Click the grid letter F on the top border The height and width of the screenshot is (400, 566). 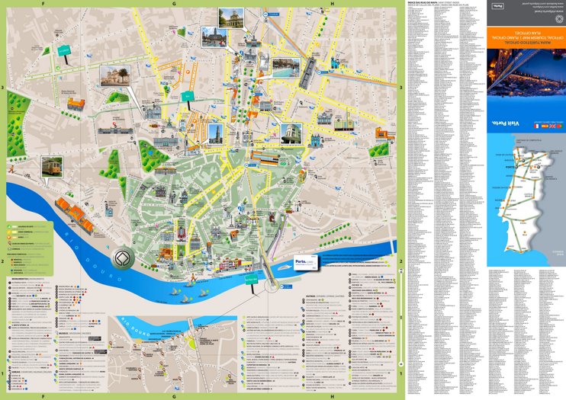click(43, 3)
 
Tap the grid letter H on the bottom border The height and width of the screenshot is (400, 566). click(333, 396)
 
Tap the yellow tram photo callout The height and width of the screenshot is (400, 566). click(52, 166)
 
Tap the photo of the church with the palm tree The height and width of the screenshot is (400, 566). click(114, 75)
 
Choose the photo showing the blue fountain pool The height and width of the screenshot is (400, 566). click(284, 67)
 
